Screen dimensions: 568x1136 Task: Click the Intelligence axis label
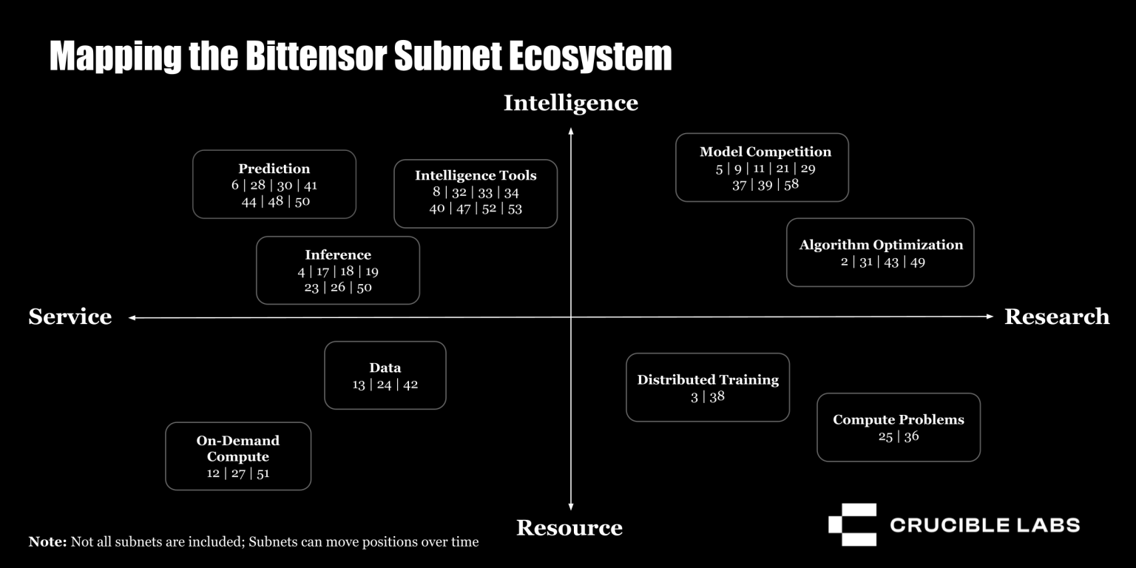[570, 103]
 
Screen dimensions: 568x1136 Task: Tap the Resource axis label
[569, 527]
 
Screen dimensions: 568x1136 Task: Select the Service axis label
[70, 317]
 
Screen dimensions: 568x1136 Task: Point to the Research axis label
[1056, 317]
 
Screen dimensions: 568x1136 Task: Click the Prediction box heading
[274, 169]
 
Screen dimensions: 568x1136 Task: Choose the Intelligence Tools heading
[475, 175]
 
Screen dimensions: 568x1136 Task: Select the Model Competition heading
[765, 152]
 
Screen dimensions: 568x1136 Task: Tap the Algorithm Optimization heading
[880, 245]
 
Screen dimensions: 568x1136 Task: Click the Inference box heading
[337, 254]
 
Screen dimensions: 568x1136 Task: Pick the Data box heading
[385, 368]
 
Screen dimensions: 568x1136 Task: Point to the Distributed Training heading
[707, 379]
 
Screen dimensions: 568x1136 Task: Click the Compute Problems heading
[898, 419]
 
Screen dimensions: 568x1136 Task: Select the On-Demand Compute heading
[237, 448]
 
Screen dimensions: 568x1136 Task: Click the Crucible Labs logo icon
[852, 524]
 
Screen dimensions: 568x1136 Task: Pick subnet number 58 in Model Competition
[791, 184]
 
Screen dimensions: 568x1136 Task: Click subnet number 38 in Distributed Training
[717, 396]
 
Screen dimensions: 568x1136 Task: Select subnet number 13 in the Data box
[359, 385]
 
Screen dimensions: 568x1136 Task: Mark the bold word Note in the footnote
[47, 542]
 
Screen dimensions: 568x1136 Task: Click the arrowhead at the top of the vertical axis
[570, 130]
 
